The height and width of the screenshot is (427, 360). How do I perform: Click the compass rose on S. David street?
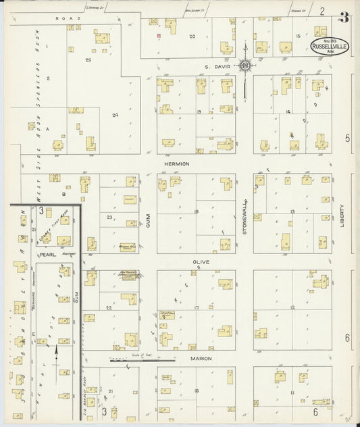coord(245,66)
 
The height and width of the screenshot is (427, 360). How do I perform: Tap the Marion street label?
coord(201,358)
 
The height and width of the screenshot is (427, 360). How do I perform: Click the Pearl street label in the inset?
coord(46,255)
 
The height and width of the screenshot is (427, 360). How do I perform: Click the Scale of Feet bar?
coord(142,361)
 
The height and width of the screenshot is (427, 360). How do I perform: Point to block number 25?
coord(88,61)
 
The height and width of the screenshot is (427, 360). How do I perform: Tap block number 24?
coord(115,115)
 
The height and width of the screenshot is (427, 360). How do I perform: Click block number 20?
coord(192,36)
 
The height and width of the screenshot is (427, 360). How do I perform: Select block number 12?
coord(292,307)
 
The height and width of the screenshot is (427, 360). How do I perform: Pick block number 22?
coord(108,307)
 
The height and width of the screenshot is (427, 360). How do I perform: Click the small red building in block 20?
coord(159,35)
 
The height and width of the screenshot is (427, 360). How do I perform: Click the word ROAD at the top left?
coord(64,18)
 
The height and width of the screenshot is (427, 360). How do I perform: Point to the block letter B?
coord(64,194)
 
